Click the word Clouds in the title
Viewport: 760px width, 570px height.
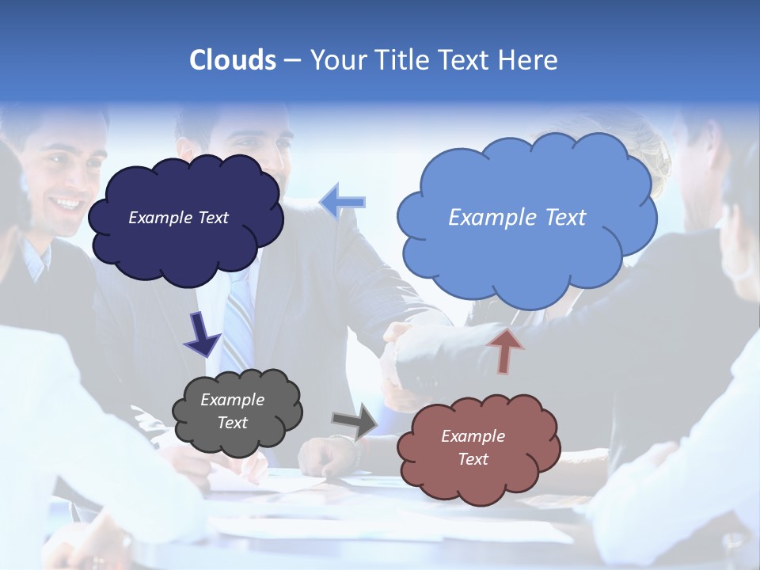pos(232,60)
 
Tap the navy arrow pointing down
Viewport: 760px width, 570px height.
pos(201,333)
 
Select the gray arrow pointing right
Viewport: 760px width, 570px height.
pos(355,420)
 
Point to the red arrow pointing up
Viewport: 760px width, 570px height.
pos(506,350)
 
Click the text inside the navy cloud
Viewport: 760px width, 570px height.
pos(178,218)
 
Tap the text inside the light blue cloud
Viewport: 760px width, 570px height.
pos(517,218)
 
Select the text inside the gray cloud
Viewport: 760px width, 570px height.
pos(233,412)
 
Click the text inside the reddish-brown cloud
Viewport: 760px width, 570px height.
pos(473,447)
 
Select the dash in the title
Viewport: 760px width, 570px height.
pos(291,61)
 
